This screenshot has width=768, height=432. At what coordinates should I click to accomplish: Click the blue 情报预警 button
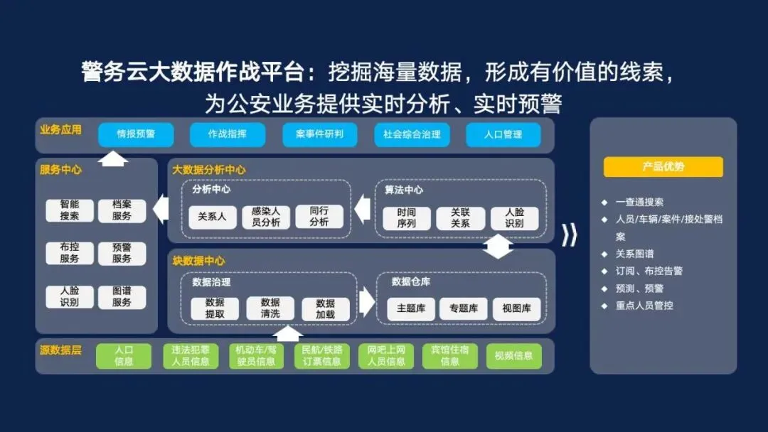(136, 134)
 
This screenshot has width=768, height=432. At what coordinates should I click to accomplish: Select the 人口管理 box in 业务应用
(503, 134)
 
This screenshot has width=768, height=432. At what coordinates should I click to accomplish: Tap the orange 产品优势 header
(663, 167)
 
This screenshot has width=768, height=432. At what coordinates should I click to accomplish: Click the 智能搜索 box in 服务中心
(70, 211)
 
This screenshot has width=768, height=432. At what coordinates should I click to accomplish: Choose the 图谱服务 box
(122, 297)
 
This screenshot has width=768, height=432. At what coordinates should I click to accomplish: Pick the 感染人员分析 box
(266, 217)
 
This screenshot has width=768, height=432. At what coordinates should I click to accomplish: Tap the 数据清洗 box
(270, 308)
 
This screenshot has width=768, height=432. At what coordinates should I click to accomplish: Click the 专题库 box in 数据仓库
(463, 308)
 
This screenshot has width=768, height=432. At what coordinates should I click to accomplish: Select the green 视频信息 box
(513, 356)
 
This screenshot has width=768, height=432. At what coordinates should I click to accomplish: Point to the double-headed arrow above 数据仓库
(498, 245)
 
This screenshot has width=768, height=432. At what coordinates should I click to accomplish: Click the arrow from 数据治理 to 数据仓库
(366, 302)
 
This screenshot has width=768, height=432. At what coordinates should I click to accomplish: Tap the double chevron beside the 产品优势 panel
(569, 235)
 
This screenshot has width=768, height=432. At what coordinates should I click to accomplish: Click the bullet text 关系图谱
(634, 254)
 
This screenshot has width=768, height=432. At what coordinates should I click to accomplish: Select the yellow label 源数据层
(60, 350)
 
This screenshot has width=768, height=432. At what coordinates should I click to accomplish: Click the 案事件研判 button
(319, 134)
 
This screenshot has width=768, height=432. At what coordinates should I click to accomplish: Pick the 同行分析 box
(319, 217)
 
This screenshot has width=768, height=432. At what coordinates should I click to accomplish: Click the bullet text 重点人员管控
(644, 306)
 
